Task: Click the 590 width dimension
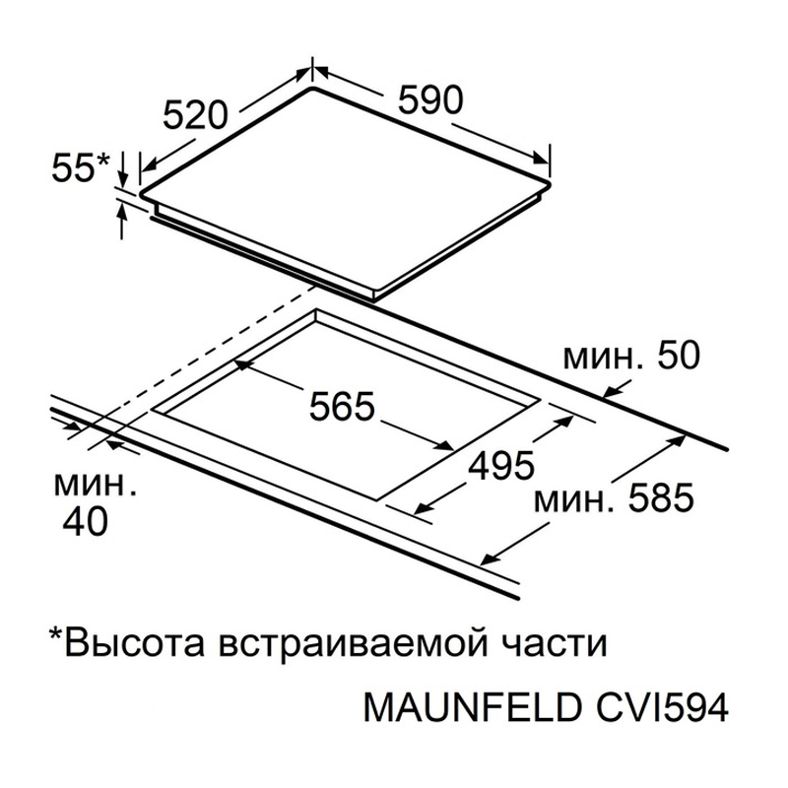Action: pos(429,100)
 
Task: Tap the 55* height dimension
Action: pos(81,166)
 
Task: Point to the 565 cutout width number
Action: pos(342,406)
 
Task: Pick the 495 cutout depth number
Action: pos(501,465)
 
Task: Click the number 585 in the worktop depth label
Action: pos(661,498)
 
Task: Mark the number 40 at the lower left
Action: pos(85,521)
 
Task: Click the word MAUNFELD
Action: pos(472,708)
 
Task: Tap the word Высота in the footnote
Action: pos(135,643)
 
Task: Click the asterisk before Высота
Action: pos(55,634)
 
